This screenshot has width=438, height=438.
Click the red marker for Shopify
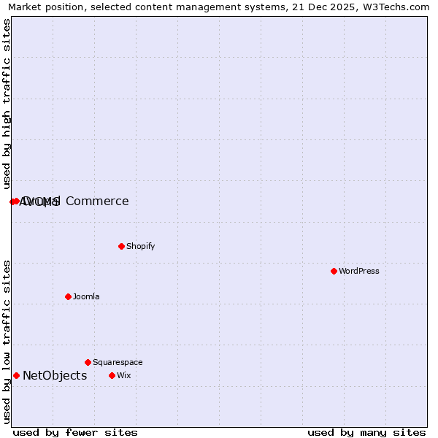(x=121, y=246)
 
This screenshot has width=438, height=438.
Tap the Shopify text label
(x=140, y=246)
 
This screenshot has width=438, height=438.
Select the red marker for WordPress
(x=334, y=271)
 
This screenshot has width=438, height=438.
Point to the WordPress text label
(x=358, y=271)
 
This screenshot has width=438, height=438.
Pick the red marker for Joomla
(x=68, y=296)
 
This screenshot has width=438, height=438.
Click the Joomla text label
(x=86, y=296)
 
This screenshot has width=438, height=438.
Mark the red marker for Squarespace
(x=88, y=362)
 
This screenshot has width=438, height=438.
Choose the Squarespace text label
(x=118, y=362)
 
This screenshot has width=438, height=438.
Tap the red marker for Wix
(x=112, y=375)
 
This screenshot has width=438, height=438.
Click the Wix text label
(x=123, y=375)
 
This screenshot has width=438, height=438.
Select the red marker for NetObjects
(x=16, y=375)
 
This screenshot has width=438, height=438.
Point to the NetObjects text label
(x=55, y=376)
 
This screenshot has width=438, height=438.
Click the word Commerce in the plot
(x=97, y=201)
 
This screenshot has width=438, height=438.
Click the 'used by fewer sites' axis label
(x=75, y=432)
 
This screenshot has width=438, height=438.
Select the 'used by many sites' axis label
(x=366, y=432)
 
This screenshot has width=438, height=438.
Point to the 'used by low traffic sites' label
(x=7, y=342)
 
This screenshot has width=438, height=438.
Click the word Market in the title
(x=26, y=7)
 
